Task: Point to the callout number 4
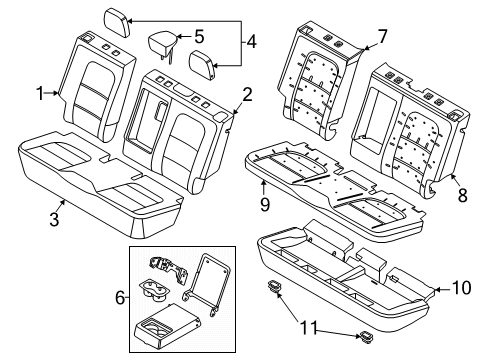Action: pyautogui.click(x=252, y=42)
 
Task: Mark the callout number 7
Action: pyautogui.click(x=381, y=37)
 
